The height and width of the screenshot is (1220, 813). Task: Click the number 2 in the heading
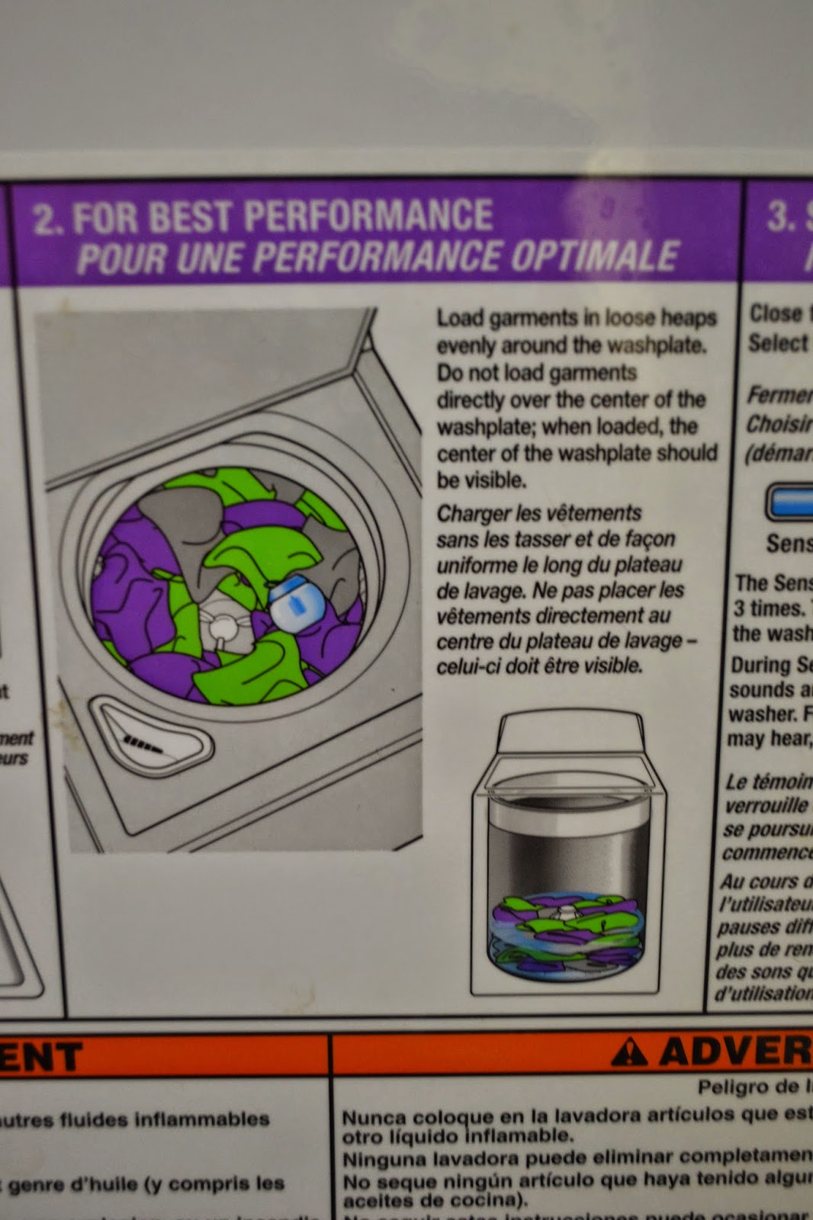46,219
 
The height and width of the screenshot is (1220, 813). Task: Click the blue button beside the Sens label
790,502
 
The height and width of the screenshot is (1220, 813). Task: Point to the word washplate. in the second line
657,345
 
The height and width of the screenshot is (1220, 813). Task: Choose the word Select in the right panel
777,343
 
